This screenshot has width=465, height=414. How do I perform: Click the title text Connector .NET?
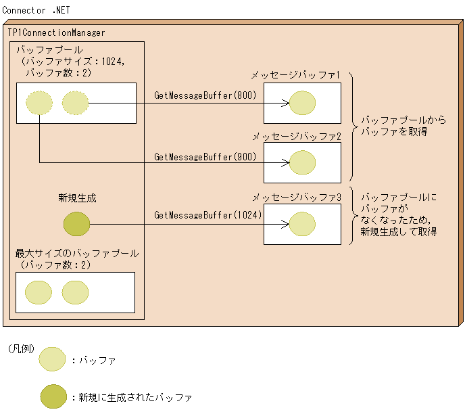point(36,11)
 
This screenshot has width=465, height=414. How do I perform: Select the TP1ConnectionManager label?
point(57,32)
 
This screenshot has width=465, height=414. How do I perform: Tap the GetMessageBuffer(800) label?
point(205,95)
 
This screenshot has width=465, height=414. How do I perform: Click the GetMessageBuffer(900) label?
point(205,156)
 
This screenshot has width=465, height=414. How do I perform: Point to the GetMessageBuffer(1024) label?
point(208,215)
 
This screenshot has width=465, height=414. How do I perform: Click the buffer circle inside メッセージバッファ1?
point(302,103)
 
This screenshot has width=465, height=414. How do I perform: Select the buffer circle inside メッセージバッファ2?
point(302,163)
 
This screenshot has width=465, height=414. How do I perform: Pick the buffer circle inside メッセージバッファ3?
point(302,224)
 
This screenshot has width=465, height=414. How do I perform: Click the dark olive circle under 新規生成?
point(76,224)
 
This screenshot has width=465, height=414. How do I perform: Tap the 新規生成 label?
point(77,198)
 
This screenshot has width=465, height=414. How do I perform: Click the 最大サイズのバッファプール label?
point(77,254)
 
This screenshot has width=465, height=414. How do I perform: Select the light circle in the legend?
point(53,360)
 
